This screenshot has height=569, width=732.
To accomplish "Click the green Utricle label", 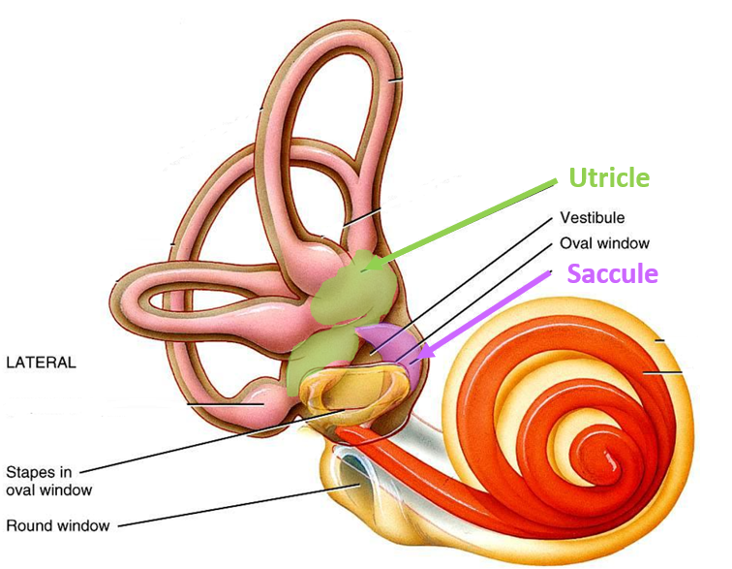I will point(608,178).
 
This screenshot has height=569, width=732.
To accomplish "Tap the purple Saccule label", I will point(612,274).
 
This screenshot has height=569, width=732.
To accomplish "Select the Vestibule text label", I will point(592,218).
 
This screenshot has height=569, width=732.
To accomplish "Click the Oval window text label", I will point(604,243).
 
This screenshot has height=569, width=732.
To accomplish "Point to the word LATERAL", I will point(41,363).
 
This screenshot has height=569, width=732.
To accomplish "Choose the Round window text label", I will point(57,526).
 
